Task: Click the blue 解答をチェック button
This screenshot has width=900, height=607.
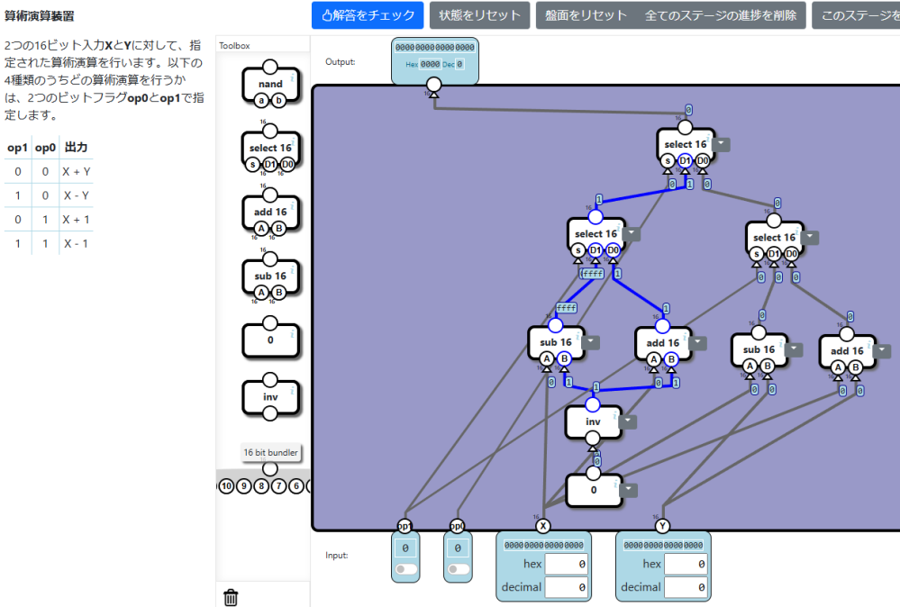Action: coord(368,15)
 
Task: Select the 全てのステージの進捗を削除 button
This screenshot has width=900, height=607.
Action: coord(720,15)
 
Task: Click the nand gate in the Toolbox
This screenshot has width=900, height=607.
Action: coord(270,85)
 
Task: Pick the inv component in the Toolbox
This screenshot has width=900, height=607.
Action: coord(270,396)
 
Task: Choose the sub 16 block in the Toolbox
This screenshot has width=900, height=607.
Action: coord(269,276)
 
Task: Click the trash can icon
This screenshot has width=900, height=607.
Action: coord(231,596)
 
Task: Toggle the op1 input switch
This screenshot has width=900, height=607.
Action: coord(405,569)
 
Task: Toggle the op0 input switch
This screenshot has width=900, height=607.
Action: coord(458,569)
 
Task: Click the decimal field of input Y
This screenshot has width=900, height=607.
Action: coord(685,587)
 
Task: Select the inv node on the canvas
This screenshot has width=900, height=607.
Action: coord(593,421)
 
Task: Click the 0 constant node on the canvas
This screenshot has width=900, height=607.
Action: coord(593,490)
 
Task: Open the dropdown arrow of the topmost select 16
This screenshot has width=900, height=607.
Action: coord(723,144)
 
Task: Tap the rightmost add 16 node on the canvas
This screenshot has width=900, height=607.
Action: coord(846,351)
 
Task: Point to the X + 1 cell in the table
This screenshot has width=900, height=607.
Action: coord(76,220)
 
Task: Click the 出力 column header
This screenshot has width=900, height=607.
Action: coord(76,148)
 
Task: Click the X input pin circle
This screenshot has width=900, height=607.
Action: coord(542,526)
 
